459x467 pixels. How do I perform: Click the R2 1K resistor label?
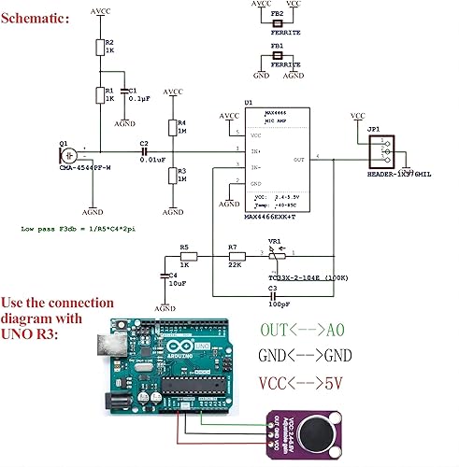pyautogui.click(x=109, y=46)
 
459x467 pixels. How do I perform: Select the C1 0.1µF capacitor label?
pyautogui.click(x=136, y=93)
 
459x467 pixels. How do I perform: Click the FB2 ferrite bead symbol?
pyautogui.click(x=278, y=22)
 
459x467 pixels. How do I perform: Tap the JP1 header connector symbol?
pyautogui.click(x=381, y=151)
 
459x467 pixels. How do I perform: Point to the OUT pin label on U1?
pyautogui.click(x=299, y=161)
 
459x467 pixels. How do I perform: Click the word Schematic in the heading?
pyautogui.click(x=34, y=16)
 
